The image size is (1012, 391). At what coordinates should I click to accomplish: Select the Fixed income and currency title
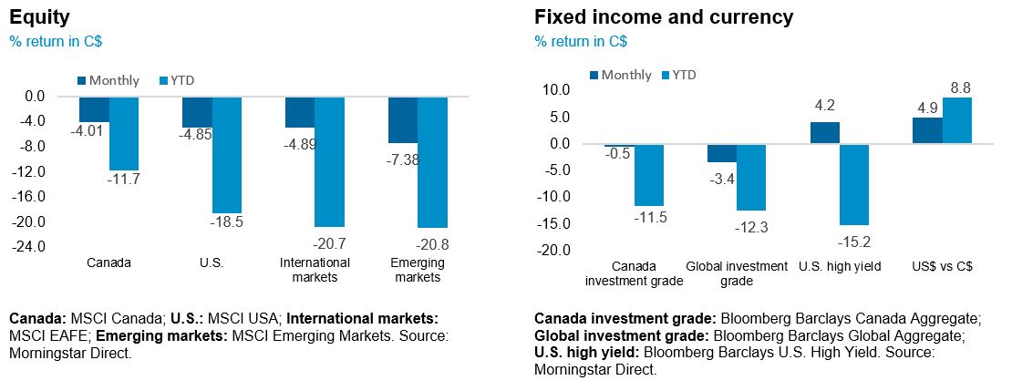664,16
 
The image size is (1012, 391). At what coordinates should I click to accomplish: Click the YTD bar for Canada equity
123,133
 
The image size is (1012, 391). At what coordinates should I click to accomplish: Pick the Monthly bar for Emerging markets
403,119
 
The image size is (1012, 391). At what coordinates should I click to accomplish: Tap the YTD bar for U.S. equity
226,154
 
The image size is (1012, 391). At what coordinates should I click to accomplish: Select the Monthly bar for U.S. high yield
824,132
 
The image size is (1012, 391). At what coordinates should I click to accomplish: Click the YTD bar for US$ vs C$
957,120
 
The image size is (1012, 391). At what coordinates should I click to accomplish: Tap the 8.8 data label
959,87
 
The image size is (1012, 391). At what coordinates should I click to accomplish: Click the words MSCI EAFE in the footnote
43,334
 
